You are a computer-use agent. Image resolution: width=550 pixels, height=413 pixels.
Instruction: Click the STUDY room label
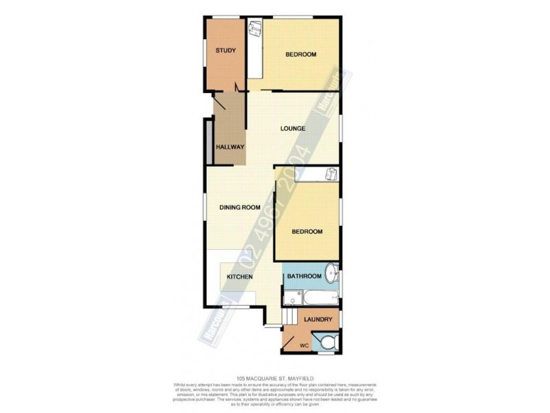coord(225,50)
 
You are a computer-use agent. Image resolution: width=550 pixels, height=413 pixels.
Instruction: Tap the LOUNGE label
coord(293,129)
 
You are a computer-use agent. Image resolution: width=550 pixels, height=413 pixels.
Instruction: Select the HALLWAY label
coord(230,147)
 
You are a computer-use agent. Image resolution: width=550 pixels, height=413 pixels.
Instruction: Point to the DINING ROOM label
coord(240,207)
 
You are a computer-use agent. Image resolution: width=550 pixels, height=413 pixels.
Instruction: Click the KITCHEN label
coord(240,277)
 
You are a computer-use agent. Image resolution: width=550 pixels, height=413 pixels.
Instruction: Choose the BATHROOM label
coord(305,277)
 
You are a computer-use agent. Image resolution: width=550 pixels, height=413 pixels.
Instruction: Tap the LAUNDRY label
coord(318,319)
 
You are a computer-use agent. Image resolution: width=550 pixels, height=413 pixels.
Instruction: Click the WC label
coord(305,345)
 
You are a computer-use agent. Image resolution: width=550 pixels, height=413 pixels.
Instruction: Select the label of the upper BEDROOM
coord(301,54)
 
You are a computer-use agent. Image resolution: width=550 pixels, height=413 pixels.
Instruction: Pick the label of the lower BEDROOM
coord(307,231)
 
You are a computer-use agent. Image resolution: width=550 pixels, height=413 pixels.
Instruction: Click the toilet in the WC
coord(327,341)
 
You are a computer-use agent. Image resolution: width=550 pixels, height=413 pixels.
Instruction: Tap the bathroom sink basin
coord(331,273)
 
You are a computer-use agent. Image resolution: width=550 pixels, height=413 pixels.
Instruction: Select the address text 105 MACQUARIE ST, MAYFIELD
coord(274,378)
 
